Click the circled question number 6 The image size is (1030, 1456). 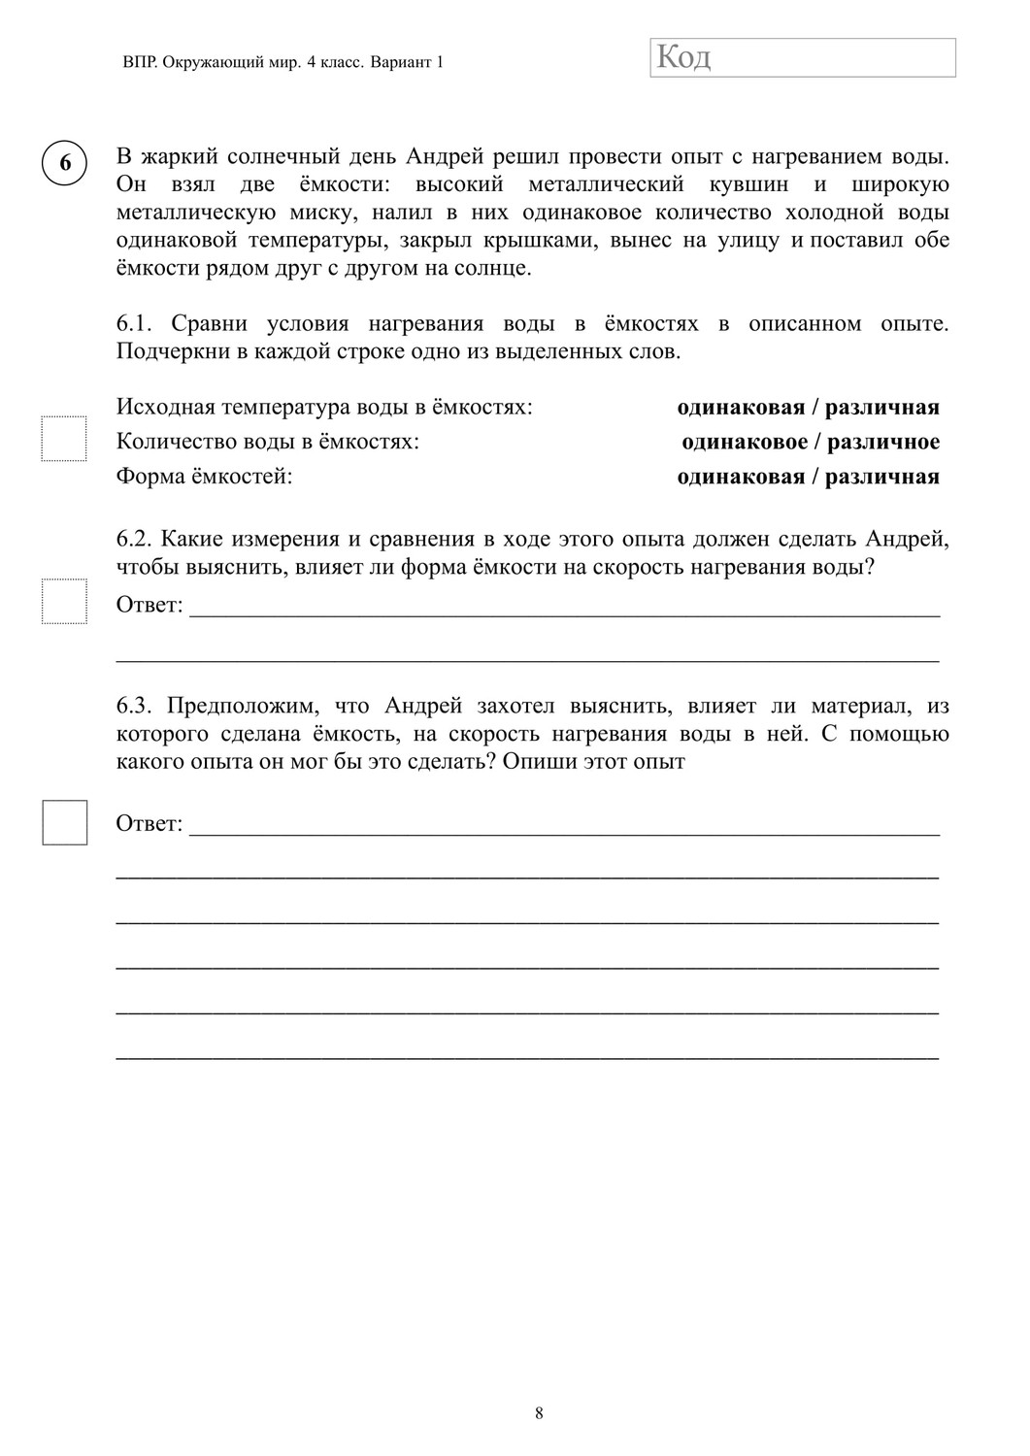click(x=65, y=162)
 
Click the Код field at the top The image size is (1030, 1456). click(x=802, y=57)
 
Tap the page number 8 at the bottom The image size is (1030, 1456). click(x=539, y=1413)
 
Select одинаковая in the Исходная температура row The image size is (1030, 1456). click(x=741, y=408)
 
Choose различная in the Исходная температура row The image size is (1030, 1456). click(x=882, y=408)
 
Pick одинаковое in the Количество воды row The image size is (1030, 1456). click(x=745, y=443)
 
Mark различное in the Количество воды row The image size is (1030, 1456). click(x=884, y=443)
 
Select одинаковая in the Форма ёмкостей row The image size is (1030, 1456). click(x=741, y=477)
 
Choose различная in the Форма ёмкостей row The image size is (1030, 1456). click(x=882, y=477)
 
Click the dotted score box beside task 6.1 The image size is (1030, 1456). click(x=64, y=439)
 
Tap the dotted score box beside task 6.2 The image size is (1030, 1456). click(x=64, y=601)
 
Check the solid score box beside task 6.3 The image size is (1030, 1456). click(x=64, y=822)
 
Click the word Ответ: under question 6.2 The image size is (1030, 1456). click(x=150, y=605)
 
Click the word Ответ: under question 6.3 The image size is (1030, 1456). click(x=150, y=823)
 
